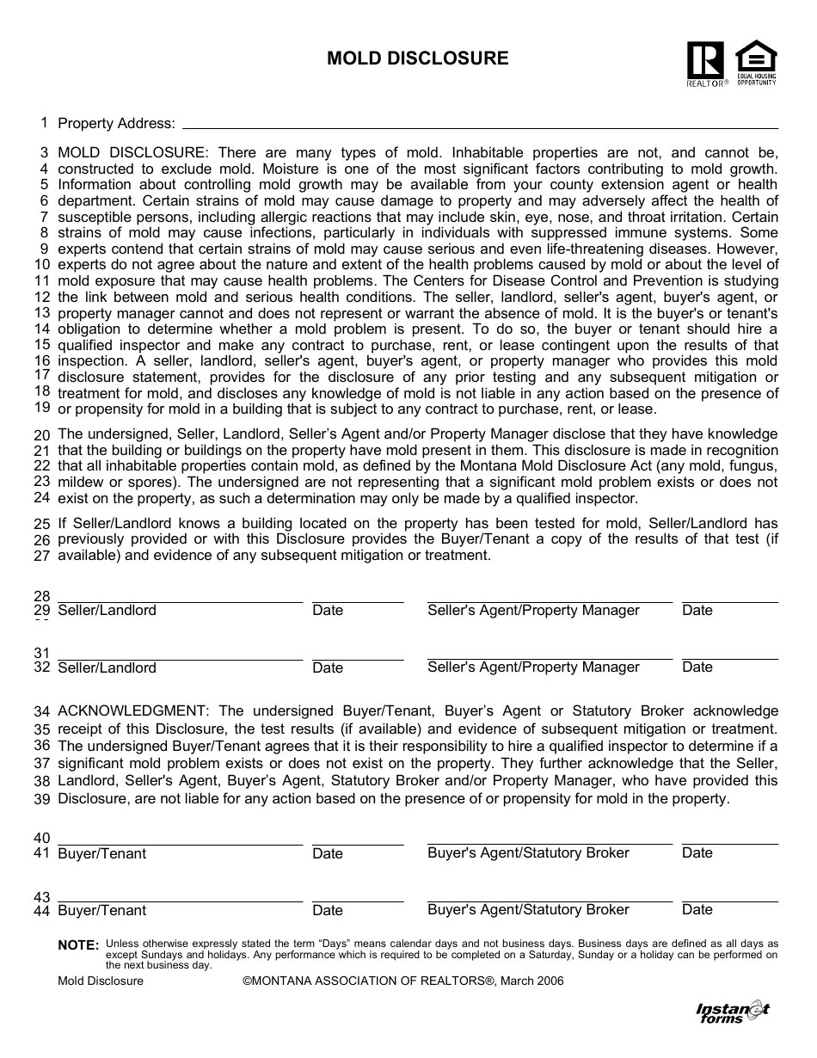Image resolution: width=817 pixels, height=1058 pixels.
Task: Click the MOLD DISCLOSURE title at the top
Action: (417, 58)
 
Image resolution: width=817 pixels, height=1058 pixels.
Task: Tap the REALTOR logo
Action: (706, 63)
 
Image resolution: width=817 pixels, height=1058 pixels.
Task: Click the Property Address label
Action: (116, 124)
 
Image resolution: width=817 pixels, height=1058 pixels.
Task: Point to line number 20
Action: (42, 435)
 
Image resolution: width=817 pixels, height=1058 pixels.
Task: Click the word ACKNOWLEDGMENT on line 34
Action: (132, 711)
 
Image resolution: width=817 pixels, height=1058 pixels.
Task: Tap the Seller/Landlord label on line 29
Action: (107, 611)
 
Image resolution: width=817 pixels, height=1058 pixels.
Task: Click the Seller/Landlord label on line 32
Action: (107, 667)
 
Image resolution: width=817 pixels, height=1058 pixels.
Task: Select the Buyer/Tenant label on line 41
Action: (101, 853)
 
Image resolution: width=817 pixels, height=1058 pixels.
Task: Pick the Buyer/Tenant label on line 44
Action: (101, 910)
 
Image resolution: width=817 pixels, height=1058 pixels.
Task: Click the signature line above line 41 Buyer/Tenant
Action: (180, 845)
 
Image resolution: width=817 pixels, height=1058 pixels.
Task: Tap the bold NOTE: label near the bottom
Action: (78, 945)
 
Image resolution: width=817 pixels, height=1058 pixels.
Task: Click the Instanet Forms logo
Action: (732, 1012)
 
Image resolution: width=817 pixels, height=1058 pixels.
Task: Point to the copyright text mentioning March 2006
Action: (403, 981)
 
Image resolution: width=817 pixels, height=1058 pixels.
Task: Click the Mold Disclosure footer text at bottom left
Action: (101, 981)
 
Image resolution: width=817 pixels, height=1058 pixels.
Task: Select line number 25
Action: (42, 524)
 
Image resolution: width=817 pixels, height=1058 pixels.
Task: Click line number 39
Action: (42, 799)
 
